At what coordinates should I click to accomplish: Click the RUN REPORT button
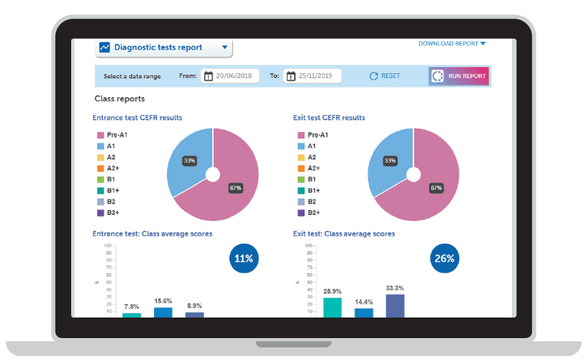459,76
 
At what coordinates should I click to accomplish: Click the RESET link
385,76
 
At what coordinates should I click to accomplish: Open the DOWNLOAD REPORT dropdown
452,44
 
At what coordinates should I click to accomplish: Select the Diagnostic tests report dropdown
164,48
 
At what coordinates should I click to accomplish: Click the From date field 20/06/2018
229,76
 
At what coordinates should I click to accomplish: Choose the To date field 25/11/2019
312,76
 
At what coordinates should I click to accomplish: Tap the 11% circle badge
244,258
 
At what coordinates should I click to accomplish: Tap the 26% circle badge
445,258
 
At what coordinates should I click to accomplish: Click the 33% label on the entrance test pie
190,161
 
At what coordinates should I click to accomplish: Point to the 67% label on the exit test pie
435,188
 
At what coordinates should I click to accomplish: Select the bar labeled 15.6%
163,312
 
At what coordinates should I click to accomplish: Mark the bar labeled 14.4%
364,312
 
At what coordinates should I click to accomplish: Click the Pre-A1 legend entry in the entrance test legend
111,135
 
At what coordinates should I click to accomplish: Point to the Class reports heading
119,99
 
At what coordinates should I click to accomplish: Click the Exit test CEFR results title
329,118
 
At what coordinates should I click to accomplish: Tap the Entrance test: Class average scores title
152,234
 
